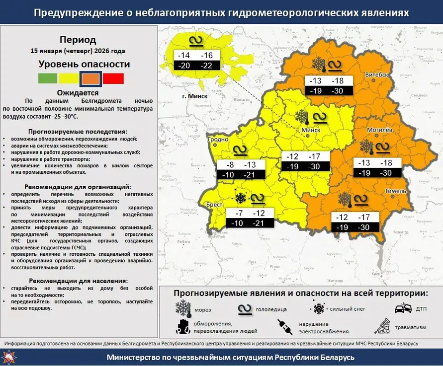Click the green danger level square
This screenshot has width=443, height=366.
click(x=47, y=78)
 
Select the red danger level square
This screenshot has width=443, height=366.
click(x=114, y=78)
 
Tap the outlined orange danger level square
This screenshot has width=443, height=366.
click(x=91, y=78)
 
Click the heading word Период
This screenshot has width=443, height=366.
click(x=78, y=40)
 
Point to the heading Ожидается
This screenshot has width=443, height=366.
click(x=78, y=92)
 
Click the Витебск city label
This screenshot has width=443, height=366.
click(x=376, y=74)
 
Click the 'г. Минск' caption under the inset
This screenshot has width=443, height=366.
click(x=194, y=96)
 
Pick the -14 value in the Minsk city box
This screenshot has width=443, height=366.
click(x=184, y=56)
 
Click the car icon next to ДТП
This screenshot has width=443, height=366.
click(x=403, y=308)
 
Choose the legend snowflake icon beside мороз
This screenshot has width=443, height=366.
click(x=183, y=309)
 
